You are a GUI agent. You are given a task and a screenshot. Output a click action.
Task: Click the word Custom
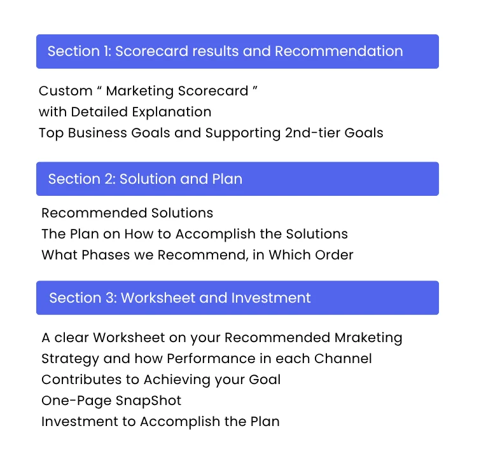pyautogui.click(x=66, y=91)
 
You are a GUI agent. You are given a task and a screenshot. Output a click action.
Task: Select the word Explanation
pyautogui.click(x=172, y=113)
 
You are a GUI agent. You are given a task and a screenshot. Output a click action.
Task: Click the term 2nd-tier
pyautogui.click(x=312, y=133)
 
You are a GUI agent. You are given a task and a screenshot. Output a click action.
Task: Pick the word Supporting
pyautogui.click(x=243, y=134)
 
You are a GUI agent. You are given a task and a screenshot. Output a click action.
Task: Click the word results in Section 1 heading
pyautogui.click(x=216, y=51)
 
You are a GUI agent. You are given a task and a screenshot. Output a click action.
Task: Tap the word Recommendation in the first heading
pyautogui.click(x=339, y=51)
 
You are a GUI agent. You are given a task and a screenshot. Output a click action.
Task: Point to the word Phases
pyautogui.click(x=106, y=255)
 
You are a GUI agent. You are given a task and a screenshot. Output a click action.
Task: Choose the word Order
pyautogui.click(x=334, y=255)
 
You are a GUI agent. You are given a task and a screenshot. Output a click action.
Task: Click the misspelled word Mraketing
pyautogui.click(x=368, y=338)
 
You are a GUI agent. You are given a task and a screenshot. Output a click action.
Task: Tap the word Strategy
pyautogui.click(x=70, y=359)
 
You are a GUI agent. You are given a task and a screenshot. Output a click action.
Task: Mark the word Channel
pyautogui.click(x=343, y=359)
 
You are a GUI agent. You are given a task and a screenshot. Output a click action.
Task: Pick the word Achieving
pyautogui.click(x=177, y=380)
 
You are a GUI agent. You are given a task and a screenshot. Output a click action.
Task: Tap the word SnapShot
pyautogui.click(x=148, y=401)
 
